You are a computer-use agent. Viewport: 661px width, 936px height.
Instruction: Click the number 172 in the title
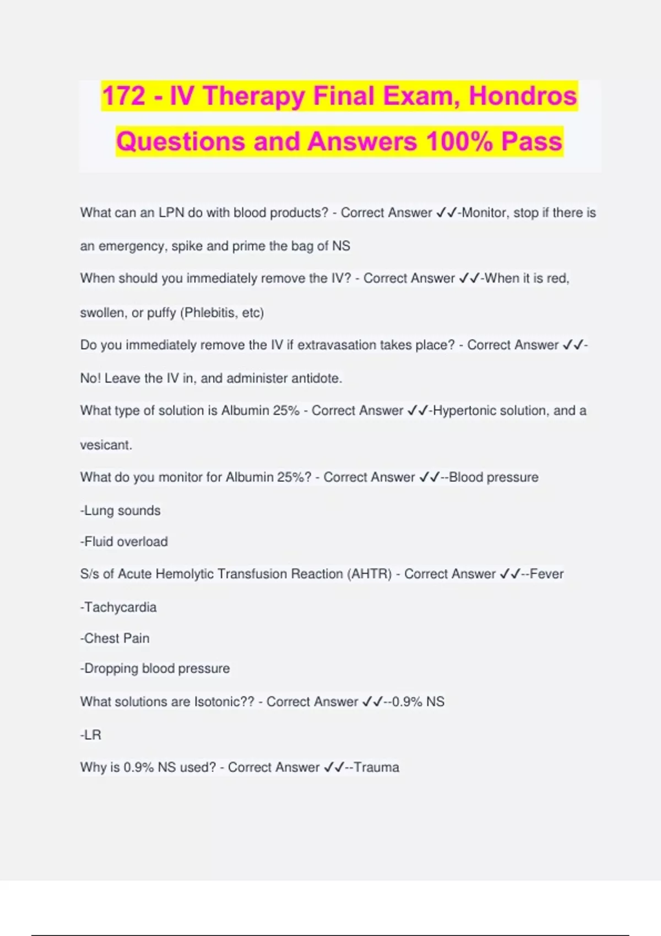[x=124, y=96]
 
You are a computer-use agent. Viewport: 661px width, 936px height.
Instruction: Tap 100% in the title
[x=459, y=142]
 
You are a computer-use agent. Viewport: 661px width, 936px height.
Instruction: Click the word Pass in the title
[x=532, y=142]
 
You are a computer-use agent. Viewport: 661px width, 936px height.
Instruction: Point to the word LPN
[x=171, y=213]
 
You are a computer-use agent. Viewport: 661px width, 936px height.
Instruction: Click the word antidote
[x=316, y=378]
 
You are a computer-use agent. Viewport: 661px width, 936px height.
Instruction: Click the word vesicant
[x=106, y=445]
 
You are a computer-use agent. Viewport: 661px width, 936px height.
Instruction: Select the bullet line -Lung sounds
[x=121, y=510]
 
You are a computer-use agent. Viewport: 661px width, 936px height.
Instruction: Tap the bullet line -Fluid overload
[x=124, y=542]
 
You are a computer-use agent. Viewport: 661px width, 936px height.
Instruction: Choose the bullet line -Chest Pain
[x=115, y=638]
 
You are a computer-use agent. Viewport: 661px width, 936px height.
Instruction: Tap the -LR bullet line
[x=91, y=735]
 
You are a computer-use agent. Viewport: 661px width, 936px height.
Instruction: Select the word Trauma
[x=376, y=768]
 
